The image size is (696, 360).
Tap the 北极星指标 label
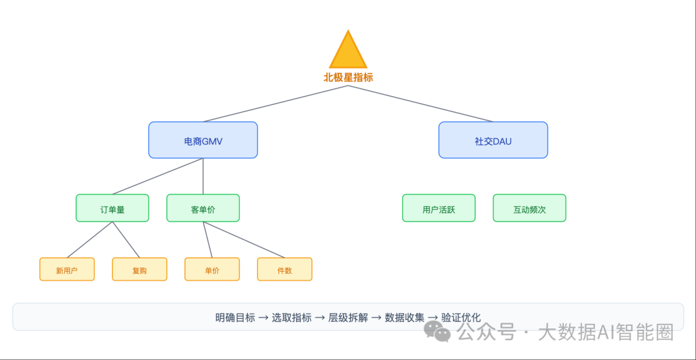(x=348, y=77)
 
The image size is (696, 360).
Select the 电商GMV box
(x=203, y=140)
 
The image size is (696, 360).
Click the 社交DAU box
(x=493, y=140)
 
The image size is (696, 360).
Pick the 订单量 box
(x=112, y=209)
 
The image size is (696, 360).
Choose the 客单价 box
(x=203, y=209)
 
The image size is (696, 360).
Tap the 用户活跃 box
(x=439, y=209)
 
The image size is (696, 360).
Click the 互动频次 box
(x=529, y=209)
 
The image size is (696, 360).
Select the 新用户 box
(x=67, y=270)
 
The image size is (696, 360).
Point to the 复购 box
(x=139, y=270)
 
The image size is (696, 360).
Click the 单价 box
(x=212, y=270)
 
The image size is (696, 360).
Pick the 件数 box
(x=284, y=270)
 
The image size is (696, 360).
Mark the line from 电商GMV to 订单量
(x=158, y=176)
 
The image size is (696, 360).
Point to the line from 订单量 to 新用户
(x=90, y=240)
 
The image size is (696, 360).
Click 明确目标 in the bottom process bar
(x=235, y=317)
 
